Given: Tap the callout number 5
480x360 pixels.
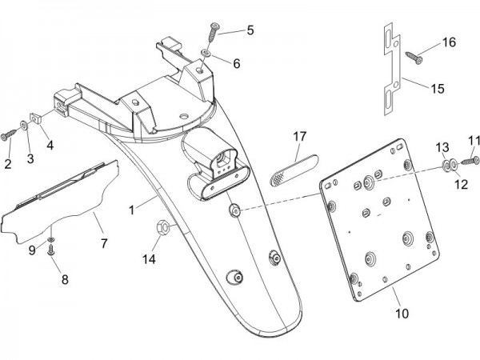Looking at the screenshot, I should coord(250,30).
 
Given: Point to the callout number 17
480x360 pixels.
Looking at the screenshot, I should coord(299,136).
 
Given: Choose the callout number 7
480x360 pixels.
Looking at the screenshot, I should coord(102,240).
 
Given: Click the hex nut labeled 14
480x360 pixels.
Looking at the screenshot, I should coord(160,228).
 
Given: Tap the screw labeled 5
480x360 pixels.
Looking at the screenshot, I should coord(214,30).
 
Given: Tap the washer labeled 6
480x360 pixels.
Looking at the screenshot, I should coord(206,53).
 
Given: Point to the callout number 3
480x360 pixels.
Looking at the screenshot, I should coord(31,159).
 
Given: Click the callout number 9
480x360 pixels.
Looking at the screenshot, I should coord(33,250).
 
